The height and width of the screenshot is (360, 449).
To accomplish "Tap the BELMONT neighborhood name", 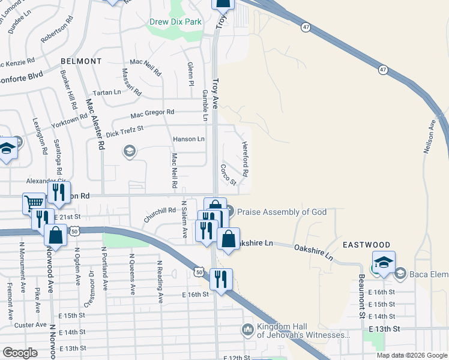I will click(81, 61).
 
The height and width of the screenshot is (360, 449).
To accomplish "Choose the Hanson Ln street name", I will click(188, 139).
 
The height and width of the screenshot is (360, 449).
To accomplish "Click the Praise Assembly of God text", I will click(282, 211).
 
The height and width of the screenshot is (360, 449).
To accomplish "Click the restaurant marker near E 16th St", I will click(221, 280).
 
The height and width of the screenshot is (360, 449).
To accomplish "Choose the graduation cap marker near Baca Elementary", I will click(384, 262).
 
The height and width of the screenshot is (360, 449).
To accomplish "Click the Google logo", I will click(20, 353).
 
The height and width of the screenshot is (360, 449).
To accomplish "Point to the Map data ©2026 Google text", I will click(411, 355).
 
